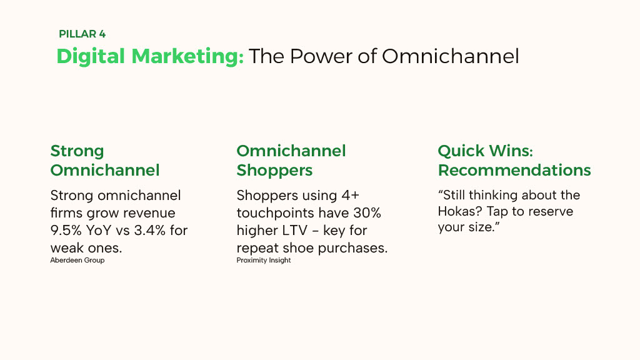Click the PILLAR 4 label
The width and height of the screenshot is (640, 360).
tap(82, 34)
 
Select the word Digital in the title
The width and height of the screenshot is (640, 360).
tap(91, 56)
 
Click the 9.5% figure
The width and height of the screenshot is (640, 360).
tap(66, 230)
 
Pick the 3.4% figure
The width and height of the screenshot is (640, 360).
tap(150, 230)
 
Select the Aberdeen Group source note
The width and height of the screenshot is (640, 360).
tap(77, 261)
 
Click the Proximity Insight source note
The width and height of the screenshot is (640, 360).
tap(264, 261)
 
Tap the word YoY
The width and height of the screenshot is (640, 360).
tap(99, 230)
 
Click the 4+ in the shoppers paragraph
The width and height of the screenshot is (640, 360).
tap(350, 196)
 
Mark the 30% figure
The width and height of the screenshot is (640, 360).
tap(366, 213)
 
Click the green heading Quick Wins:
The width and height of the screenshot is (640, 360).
tap(485, 151)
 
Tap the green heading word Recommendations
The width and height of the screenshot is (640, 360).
tap(514, 170)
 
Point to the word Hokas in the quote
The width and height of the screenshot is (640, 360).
tap(461, 211)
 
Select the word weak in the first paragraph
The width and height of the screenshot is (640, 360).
tap(67, 247)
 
